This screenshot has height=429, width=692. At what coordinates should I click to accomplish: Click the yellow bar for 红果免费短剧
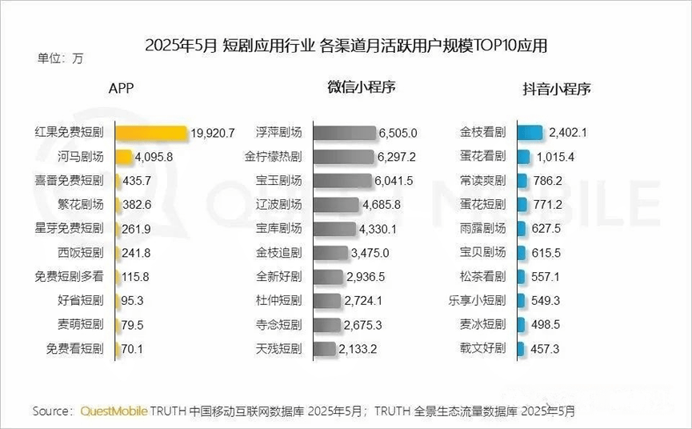pos(152,133)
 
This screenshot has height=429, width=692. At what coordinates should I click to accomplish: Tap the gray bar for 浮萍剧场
pos(345,133)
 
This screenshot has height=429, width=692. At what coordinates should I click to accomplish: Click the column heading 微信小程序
pos(361,87)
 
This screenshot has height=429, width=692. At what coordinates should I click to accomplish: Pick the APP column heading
pos(121,89)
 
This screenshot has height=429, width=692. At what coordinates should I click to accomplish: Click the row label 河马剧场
pos(82,157)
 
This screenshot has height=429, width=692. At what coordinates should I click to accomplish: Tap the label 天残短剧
pos(278,348)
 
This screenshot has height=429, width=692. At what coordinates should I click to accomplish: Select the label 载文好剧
pos(483,348)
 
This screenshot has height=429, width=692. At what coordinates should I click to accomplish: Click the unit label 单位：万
pos(60,58)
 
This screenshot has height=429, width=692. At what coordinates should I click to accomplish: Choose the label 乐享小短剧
pos(478,300)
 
